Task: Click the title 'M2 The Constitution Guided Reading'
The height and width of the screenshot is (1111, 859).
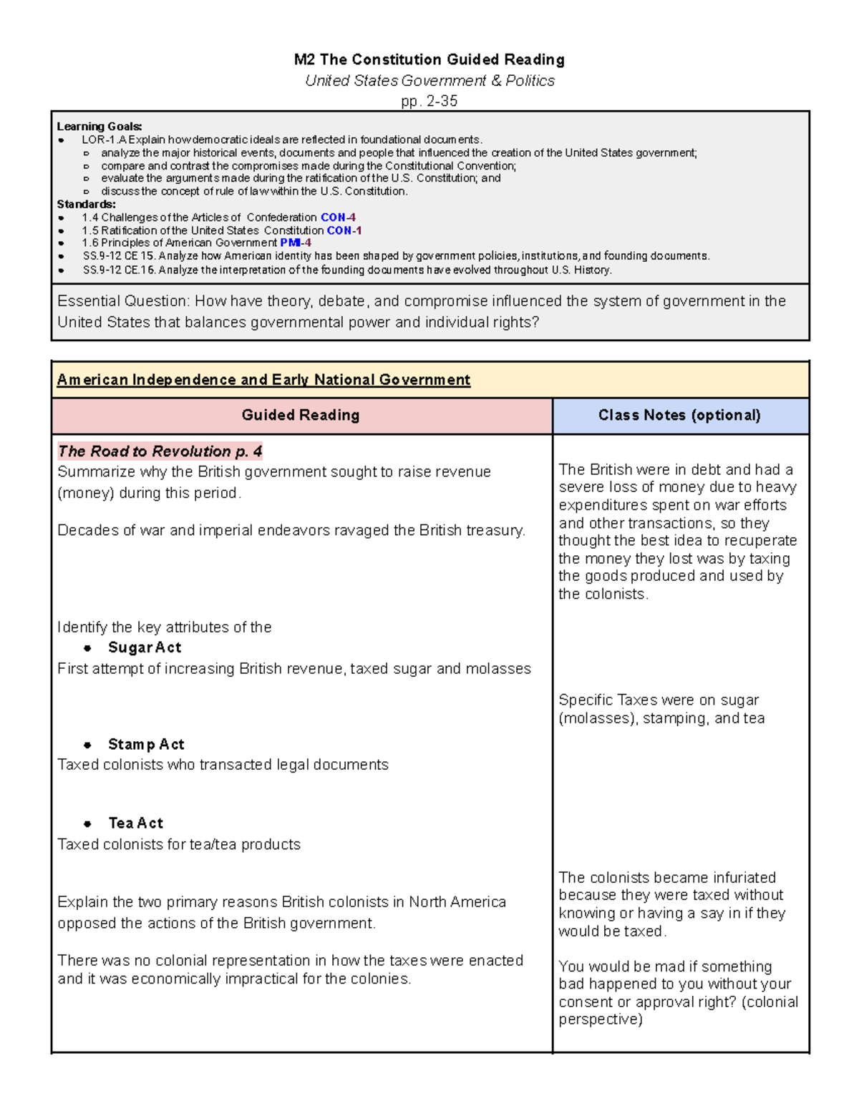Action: [x=429, y=59]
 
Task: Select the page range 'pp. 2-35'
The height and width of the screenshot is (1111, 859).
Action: [x=429, y=101]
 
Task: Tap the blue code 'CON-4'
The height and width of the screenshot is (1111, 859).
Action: [x=338, y=217]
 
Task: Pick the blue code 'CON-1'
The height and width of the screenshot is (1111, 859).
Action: [x=344, y=230]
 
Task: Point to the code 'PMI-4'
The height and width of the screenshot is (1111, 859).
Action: [x=296, y=243]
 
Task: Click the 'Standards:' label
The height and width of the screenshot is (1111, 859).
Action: [x=86, y=205]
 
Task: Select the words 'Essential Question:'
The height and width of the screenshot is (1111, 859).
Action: [x=123, y=301]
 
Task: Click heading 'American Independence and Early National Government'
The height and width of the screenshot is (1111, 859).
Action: [x=263, y=380]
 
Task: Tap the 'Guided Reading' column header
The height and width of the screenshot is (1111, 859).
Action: [x=301, y=416]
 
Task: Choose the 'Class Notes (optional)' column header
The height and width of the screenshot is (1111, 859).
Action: [x=679, y=416]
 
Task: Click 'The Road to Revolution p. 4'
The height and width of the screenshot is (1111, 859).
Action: [x=160, y=451]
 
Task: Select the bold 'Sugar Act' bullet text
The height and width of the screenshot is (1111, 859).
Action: [x=145, y=647]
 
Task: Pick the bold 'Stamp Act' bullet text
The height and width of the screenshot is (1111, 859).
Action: [x=146, y=745]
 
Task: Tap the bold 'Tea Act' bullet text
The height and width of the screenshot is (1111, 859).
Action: [x=136, y=823]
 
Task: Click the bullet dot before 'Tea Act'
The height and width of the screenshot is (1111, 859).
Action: [x=87, y=824]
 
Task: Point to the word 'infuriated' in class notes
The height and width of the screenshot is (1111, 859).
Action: [x=742, y=878]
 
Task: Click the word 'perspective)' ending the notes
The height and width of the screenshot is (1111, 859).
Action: [x=601, y=1019]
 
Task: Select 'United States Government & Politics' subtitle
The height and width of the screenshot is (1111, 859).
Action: [x=429, y=81]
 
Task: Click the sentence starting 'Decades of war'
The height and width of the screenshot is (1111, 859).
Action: [x=291, y=531]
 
